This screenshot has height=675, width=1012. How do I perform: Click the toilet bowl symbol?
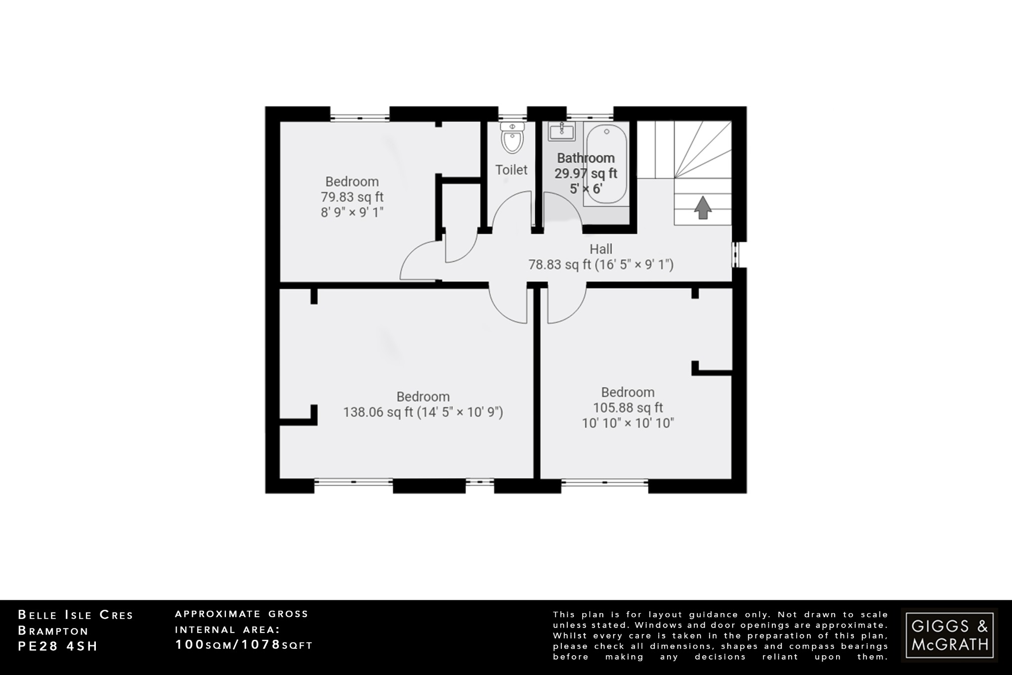click(512, 138)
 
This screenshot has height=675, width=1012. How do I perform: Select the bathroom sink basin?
click(561, 131)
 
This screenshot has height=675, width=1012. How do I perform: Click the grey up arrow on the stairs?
click(703, 208)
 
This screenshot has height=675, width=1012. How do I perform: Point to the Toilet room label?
click(511, 170)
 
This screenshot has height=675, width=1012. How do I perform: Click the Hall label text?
click(601, 249)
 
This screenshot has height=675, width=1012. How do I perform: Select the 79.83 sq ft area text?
click(352, 197)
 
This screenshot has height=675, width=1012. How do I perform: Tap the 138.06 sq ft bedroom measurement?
click(423, 412)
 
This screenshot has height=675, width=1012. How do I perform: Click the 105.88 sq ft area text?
click(628, 407)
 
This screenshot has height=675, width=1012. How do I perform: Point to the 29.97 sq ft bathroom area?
click(586, 174)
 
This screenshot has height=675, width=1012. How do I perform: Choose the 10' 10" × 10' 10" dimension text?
click(628, 423)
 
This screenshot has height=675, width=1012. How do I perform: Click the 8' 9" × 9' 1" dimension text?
click(352, 213)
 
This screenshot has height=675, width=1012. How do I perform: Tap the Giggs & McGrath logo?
click(949, 635)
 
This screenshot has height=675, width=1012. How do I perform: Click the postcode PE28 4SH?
click(58, 646)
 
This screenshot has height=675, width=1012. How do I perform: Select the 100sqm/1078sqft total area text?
click(244, 645)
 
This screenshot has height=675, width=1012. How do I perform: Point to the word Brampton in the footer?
click(53, 630)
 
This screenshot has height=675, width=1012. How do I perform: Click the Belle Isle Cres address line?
click(76, 615)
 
